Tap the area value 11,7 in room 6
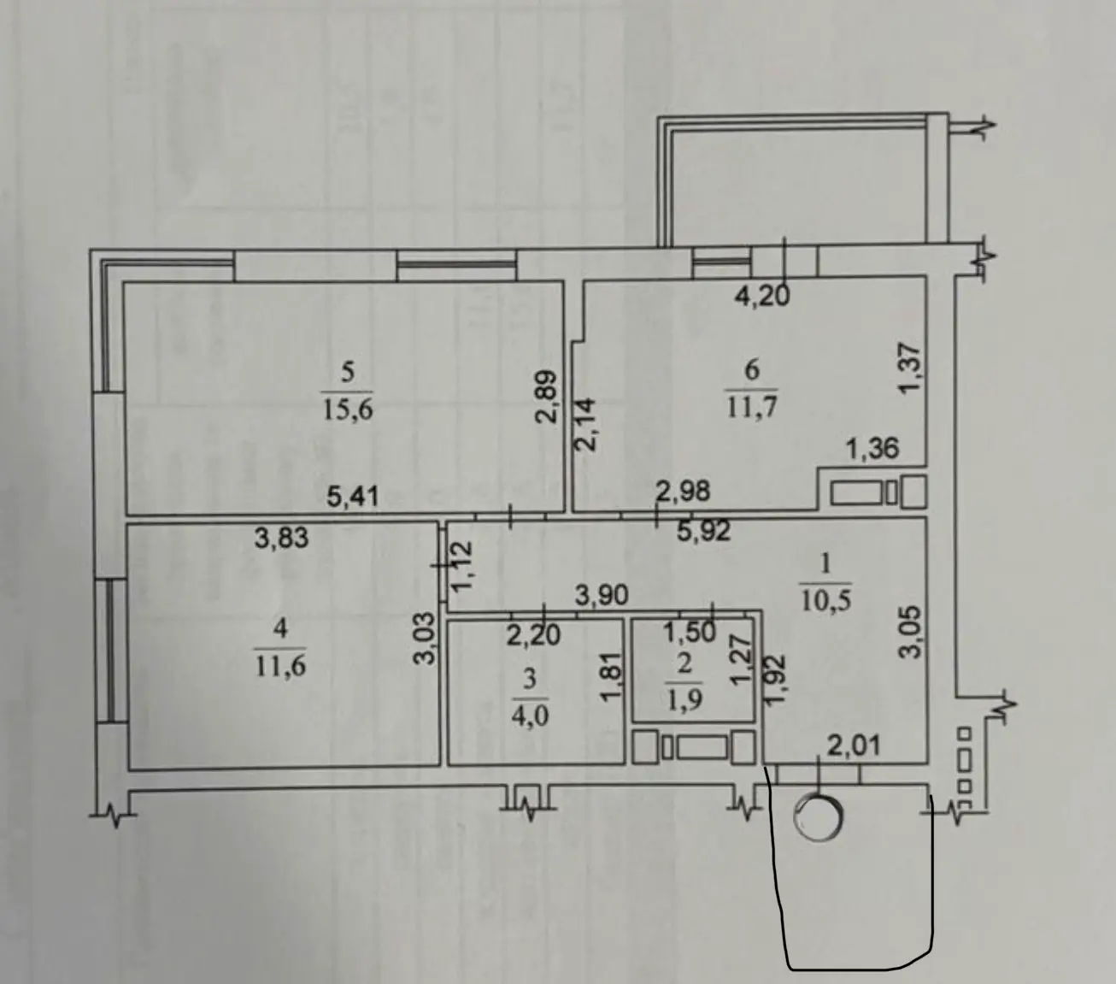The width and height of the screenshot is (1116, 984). pyautogui.click(x=752, y=409)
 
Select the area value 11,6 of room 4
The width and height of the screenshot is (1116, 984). pyautogui.click(x=281, y=666)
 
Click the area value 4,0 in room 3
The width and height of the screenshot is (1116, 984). pyautogui.click(x=530, y=718)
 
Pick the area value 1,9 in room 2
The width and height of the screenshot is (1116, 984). pyautogui.click(x=684, y=702)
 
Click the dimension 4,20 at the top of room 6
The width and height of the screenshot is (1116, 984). pyautogui.click(x=762, y=297)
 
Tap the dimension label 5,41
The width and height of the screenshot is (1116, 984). pyautogui.click(x=353, y=497)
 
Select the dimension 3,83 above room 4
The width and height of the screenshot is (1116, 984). pyautogui.click(x=281, y=537)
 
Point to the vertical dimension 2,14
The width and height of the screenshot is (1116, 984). pyautogui.click(x=584, y=425)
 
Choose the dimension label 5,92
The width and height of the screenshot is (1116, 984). pyautogui.click(x=703, y=531)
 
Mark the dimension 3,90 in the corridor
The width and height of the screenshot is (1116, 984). pyautogui.click(x=602, y=595)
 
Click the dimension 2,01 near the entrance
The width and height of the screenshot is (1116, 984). pyautogui.click(x=854, y=746)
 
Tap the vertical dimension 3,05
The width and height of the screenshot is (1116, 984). pyautogui.click(x=909, y=633)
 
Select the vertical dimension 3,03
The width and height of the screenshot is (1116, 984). pyautogui.click(x=426, y=639)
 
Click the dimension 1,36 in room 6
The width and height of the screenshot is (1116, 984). pyautogui.click(x=872, y=448)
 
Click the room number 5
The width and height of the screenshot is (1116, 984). pyautogui.click(x=348, y=373)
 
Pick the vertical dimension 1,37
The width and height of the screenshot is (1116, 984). pyautogui.click(x=909, y=368)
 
